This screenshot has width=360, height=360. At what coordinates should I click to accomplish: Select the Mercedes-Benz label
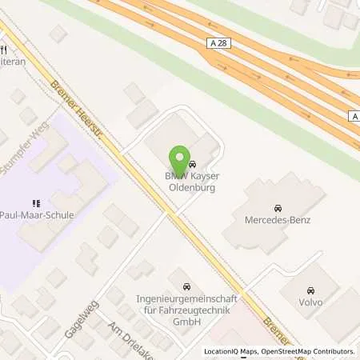coord(278,219)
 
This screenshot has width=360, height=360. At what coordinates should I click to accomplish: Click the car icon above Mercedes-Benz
coord(278,206)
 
